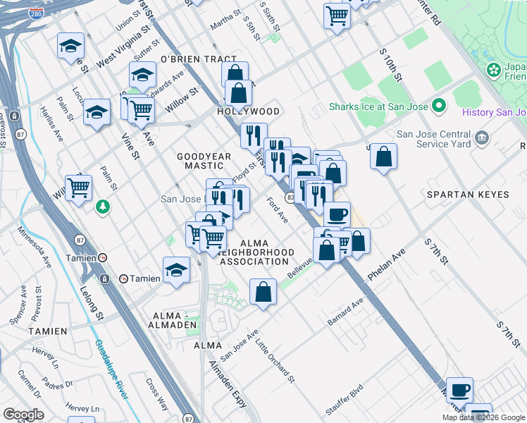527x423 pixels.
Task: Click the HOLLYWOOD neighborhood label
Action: click(248, 111)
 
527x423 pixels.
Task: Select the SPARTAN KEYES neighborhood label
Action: click(462, 192)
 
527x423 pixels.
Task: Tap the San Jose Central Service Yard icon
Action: click(483, 137)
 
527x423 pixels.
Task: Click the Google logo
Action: click(24, 414)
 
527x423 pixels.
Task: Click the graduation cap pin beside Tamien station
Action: click(176, 270)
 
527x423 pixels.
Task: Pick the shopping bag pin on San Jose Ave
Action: click(263, 293)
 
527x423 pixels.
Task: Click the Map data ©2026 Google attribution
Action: click(483, 417)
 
